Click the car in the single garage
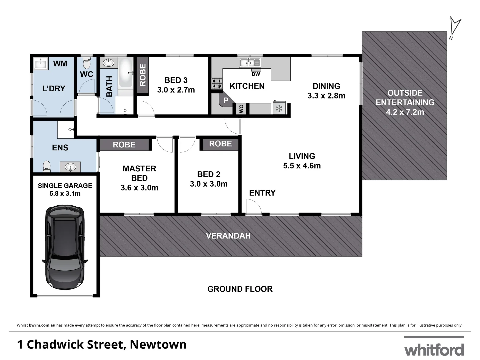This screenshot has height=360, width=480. pos(65,247)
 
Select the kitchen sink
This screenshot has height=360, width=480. pos(250,62)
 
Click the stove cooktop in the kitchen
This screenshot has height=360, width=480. pos(217,84)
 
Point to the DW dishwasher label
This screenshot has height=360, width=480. pos(256,74)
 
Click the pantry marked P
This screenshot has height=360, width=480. pos(226,100)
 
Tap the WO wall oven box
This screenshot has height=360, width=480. pos(241,109)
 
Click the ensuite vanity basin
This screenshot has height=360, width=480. pos(70,167)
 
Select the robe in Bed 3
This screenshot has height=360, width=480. pos(142,75)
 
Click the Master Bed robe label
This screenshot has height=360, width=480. pos(124,145)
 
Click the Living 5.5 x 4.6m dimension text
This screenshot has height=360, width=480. pos(302,166)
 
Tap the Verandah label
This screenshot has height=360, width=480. pos(228,236)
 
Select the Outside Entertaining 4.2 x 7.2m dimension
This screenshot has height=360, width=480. pos(405,112)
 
